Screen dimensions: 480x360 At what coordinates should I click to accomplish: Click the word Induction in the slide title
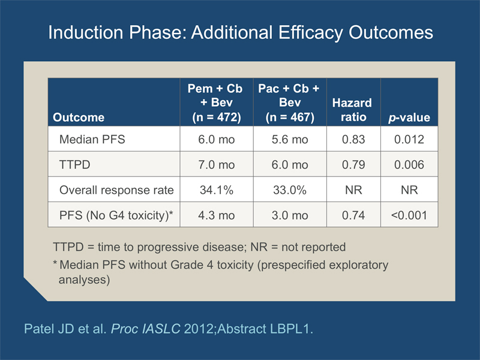tap(85, 32)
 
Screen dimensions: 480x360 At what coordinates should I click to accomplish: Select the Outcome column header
tap(79, 118)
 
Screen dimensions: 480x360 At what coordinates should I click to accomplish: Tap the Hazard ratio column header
tap(352, 110)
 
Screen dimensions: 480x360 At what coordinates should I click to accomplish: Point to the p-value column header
tap(409, 118)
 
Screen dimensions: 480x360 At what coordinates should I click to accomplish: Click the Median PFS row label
tap(92, 139)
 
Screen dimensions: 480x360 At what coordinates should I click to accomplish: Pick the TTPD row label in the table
tap(74, 164)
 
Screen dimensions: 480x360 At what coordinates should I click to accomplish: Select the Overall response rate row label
tap(116, 190)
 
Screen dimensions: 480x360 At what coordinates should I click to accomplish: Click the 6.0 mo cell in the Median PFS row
tap(217, 140)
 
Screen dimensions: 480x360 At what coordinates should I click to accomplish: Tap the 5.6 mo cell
tap(290, 140)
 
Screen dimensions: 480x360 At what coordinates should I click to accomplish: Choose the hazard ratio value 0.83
tap(353, 140)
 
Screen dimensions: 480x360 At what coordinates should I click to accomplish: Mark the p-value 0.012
tap(409, 140)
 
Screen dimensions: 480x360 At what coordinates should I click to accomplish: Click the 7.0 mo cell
tap(217, 165)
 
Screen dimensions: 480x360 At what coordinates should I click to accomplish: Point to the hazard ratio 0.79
tap(353, 165)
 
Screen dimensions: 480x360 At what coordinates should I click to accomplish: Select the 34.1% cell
tap(217, 190)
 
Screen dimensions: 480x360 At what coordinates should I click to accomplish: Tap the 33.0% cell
tap(290, 190)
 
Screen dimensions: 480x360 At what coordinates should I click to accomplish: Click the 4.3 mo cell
tap(217, 215)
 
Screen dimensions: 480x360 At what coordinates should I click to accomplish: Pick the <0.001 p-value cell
tap(409, 215)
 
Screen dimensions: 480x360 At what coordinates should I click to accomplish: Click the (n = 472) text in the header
tap(217, 117)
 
